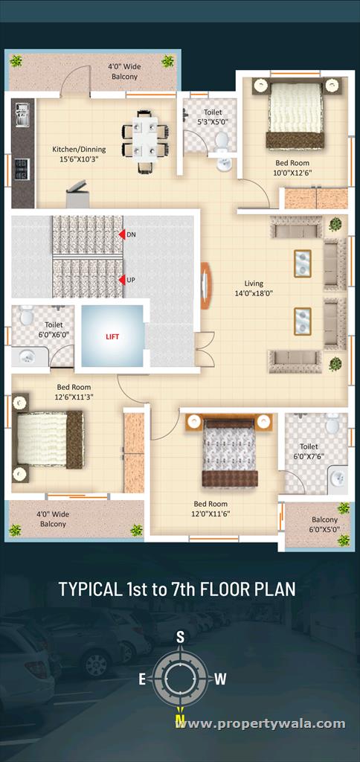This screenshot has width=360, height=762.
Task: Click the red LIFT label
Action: click(112, 336)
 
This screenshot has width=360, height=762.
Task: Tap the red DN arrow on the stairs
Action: click(122, 234)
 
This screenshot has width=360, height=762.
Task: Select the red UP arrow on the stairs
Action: click(122, 281)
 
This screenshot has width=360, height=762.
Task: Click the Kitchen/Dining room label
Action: click(79, 153)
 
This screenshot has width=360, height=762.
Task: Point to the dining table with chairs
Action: click(145, 141)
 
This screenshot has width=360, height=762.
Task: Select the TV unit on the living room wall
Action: click(205, 286)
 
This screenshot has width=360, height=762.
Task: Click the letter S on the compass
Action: click(180, 637)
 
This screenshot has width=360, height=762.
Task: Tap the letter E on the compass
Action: click(142, 679)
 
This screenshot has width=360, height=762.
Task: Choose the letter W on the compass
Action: click(220, 679)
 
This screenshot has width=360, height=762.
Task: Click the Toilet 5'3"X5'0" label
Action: click(213, 117)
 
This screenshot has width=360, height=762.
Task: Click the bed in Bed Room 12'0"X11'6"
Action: click(229, 450)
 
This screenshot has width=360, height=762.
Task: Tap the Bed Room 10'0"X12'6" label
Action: click(292, 167)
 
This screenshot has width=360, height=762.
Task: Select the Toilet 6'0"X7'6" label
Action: click(309, 450)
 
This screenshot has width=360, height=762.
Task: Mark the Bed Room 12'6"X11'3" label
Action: click(74, 391)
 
